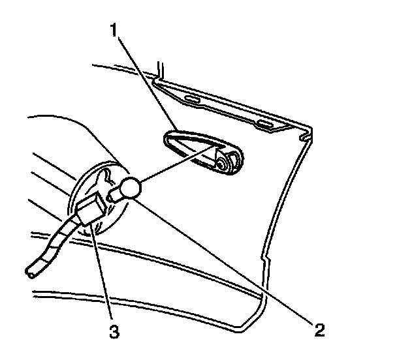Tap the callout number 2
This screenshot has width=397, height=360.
pyautogui.click(x=319, y=330)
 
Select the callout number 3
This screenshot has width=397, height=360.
pyautogui.click(x=114, y=331)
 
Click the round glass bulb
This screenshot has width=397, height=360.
pyautogui.click(x=131, y=188)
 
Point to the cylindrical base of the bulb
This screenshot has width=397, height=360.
pyautogui.click(x=117, y=194)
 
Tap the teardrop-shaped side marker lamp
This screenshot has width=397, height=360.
pyautogui.click(x=200, y=151)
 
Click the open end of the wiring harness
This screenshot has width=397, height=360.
pyautogui.click(x=30, y=272)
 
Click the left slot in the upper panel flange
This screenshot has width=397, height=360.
pyautogui.click(x=190, y=100)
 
